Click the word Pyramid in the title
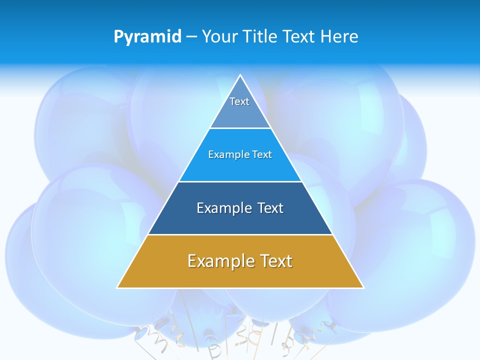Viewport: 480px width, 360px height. [x=147, y=37]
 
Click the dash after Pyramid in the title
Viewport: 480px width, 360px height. [x=192, y=37]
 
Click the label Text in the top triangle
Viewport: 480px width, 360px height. [x=239, y=101]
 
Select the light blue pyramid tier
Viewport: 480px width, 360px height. [x=240, y=167]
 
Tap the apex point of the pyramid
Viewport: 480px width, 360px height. [x=240, y=75]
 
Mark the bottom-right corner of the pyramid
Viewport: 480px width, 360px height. [x=363, y=287]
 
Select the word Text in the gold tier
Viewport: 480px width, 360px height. [x=273, y=261]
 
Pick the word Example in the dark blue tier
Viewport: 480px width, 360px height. [x=222, y=208]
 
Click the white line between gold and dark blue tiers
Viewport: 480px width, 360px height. [x=240, y=234]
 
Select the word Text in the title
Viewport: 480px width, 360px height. [x=298, y=36]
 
